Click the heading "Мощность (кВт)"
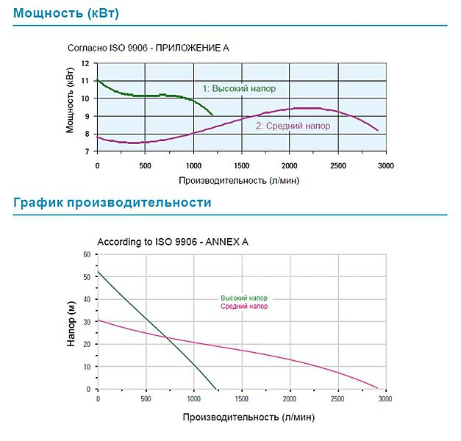(x=65, y=14)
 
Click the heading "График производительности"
(x=112, y=202)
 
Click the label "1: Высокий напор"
(x=239, y=88)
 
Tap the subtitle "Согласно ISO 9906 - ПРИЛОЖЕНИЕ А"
(x=149, y=49)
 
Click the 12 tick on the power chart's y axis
(x=85, y=63)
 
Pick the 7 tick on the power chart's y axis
(x=87, y=151)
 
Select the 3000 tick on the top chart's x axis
(x=385, y=165)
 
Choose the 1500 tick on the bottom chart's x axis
(x=240, y=399)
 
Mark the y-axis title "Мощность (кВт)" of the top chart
(x=71, y=107)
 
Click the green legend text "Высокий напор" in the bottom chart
(x=244, y=298)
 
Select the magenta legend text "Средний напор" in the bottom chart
(x=244, y=306)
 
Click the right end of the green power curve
(x=212, y=115)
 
